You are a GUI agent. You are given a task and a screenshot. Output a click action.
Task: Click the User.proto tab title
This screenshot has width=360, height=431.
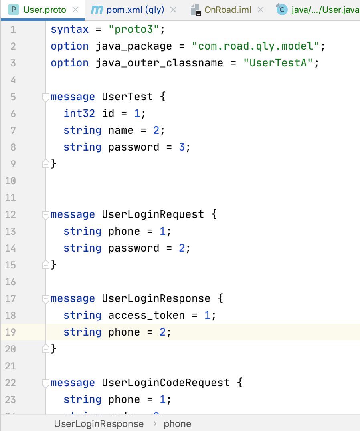click(44, 10)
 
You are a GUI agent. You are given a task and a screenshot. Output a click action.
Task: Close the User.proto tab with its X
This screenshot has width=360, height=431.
click(75, 10)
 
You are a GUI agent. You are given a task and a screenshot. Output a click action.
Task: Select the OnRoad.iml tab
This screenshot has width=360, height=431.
click(228, 10)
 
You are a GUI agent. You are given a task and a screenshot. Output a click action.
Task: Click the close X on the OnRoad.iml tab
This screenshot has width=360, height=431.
click(260, 10)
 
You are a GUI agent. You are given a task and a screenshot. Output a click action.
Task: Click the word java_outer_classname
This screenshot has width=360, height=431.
click(159, 63)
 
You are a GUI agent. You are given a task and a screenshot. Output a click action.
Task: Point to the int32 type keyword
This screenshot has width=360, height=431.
click(79, 114)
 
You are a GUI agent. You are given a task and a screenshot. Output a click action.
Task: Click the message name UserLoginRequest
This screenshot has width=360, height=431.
click(153, 215)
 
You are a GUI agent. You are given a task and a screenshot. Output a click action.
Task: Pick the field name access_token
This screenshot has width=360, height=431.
click(146, 316)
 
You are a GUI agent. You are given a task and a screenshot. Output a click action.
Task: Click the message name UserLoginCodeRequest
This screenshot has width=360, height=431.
click(166, 383)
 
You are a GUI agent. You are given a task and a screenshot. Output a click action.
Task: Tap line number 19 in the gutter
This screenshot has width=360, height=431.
click(11, 332)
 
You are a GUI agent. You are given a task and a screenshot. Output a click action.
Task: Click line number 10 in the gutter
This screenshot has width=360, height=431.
click(11, 181)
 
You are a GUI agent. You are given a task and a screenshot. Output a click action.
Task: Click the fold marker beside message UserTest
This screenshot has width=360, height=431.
click(46, 97)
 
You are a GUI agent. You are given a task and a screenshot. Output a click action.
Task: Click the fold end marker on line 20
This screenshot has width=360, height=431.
click(46, 349)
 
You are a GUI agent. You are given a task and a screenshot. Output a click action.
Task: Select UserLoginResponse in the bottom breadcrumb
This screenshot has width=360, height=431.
click(99, 424)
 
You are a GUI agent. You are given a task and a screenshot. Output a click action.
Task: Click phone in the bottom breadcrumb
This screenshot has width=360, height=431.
click(177, 424)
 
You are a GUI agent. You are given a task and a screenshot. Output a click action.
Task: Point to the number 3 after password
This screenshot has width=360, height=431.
click(182, 147)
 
